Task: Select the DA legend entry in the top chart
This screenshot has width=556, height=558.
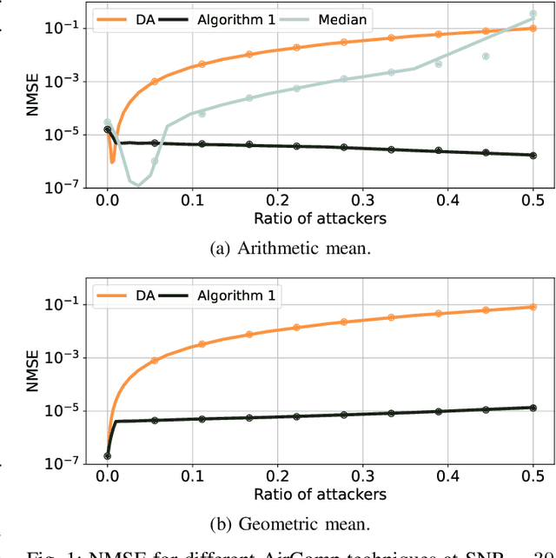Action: point(129,17)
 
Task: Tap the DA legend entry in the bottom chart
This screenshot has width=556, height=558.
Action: point(129,296)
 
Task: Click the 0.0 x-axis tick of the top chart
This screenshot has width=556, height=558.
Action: point(107,200)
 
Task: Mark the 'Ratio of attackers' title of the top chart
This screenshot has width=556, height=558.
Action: point(320,217)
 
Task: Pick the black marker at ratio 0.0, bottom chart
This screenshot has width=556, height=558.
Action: point(107,455)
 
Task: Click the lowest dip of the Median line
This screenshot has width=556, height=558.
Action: point(137,185)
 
